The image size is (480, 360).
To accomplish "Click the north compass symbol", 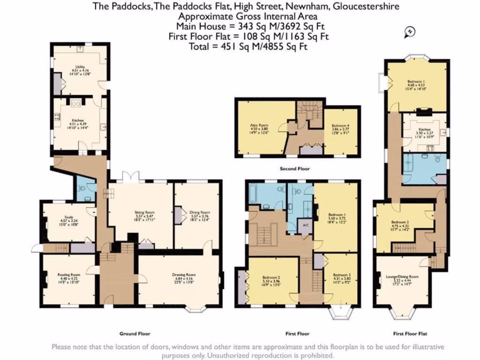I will click(410, 32).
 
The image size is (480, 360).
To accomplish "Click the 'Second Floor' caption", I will click(294, 169).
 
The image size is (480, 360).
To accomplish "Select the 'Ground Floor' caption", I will click(135, 334).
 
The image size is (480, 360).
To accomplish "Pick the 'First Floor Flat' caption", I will click(410, 334).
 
